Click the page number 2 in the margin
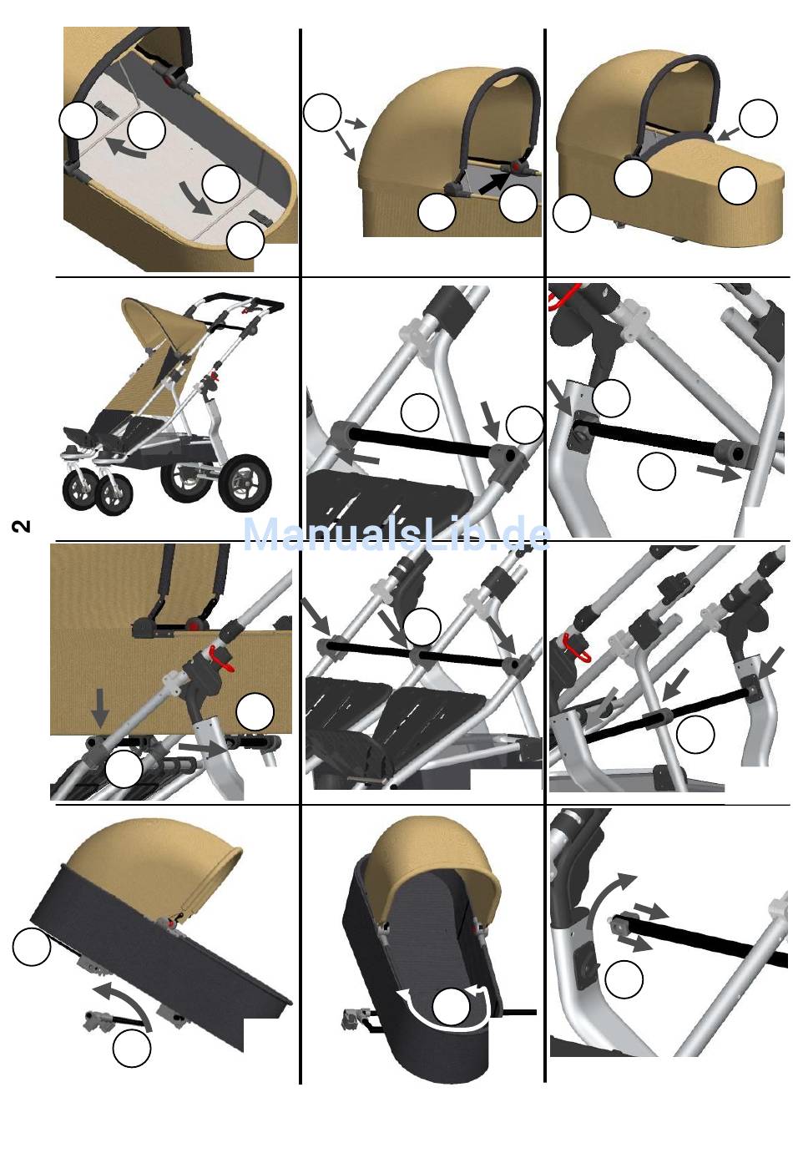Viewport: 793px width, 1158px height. (21, 526)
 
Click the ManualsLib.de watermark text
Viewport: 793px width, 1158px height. (396, 534)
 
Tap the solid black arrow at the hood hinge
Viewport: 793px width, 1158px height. (495, 183)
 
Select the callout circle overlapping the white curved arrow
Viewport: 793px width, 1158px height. (451, 1006)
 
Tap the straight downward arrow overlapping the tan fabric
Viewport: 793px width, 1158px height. (100, 707)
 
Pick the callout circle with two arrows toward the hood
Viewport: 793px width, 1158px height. (322, 112)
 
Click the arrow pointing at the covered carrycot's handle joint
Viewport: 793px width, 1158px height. (729, 134)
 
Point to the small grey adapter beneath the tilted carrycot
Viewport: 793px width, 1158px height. (98, 1021)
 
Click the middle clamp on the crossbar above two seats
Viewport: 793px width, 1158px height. (418, 655)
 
